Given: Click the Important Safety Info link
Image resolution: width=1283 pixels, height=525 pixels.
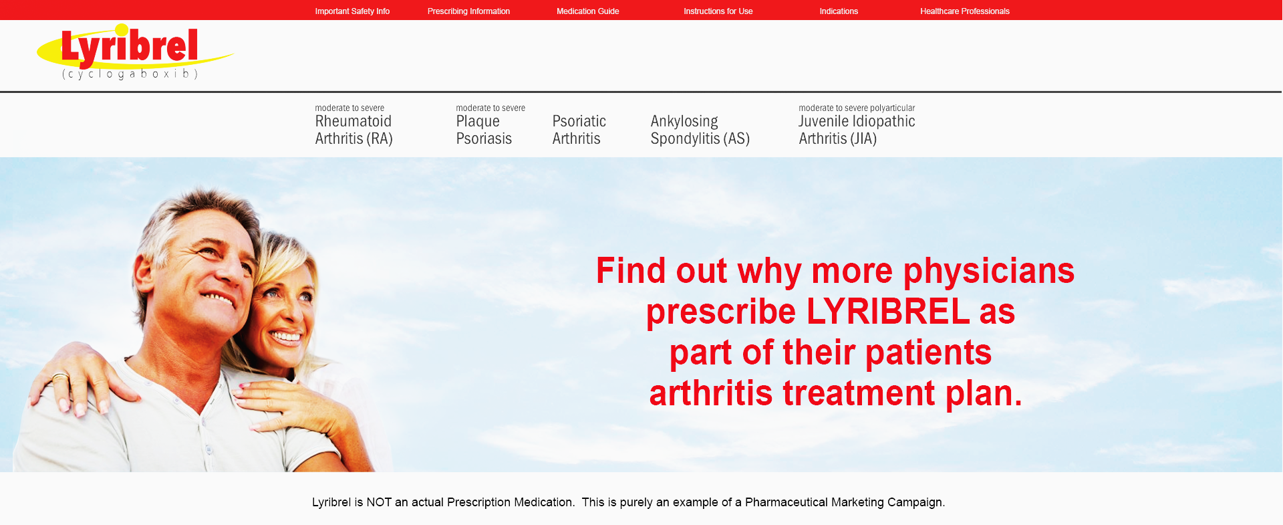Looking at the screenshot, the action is click(x=352, y=11).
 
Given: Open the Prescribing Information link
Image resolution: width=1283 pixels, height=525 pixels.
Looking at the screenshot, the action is click(x=468, y=11).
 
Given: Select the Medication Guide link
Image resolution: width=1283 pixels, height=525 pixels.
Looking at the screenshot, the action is click(x=587, y=11).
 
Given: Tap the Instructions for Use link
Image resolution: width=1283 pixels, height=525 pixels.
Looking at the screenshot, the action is click(x=718, y=11).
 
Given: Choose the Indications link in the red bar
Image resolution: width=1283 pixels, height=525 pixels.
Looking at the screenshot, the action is click(x=839, y=11).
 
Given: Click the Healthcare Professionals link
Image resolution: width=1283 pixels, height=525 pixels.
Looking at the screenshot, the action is click(x=964, y=11).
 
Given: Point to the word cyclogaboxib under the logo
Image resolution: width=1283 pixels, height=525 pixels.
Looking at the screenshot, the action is click(x=130, y=74).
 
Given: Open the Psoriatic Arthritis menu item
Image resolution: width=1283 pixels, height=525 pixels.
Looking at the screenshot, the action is click(x=579, y=130).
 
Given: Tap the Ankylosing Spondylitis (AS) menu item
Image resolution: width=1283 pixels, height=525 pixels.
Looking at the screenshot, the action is click(x=700, y=130).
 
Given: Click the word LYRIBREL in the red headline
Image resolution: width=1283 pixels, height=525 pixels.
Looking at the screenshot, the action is click(x=888, y=312).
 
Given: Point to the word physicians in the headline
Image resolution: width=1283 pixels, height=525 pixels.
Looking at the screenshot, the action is click(x=989, y=272).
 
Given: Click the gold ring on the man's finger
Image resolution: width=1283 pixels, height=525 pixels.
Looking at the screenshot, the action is click(x=60, y=377).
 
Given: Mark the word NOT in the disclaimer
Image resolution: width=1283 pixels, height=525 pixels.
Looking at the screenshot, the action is click(x=379, y=502).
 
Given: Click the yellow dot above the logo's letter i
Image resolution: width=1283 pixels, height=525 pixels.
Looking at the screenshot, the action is click(x=122, y=29).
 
